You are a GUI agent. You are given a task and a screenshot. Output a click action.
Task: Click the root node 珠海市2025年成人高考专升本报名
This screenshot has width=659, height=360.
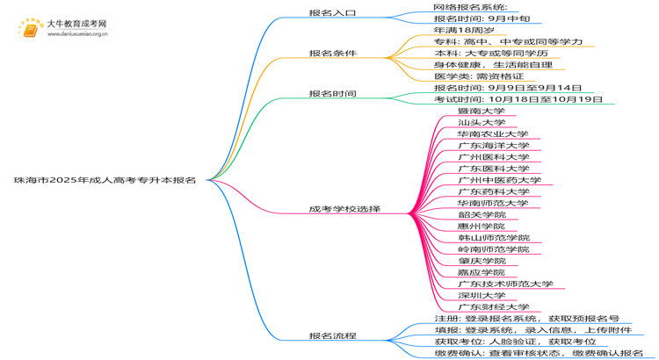point(105,180)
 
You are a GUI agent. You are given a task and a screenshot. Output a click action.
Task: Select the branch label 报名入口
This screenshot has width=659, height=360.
point(332,14)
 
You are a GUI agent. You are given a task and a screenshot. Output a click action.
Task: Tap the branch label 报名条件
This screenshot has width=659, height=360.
point(332,54)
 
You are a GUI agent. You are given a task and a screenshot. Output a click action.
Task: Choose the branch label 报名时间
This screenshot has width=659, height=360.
point(332,93)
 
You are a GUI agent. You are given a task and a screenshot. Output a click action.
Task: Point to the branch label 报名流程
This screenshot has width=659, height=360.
point(332,335)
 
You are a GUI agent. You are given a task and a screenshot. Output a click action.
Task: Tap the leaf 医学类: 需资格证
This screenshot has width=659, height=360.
point(479,76)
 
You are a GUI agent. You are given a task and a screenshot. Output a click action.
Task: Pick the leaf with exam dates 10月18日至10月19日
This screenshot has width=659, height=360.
point(518,99)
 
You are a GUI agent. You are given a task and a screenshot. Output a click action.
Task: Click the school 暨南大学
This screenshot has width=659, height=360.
point(481,111)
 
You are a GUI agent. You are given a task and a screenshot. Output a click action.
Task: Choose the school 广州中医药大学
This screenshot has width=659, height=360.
point(499,180)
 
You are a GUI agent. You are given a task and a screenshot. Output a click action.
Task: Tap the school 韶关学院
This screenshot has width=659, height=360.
point(482,214)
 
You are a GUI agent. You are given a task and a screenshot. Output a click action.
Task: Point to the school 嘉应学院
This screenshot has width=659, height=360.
point(482,272)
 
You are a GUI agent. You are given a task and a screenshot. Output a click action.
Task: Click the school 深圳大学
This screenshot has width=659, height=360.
point(481,295)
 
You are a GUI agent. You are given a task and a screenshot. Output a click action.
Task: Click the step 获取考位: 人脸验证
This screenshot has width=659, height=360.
point(514,342)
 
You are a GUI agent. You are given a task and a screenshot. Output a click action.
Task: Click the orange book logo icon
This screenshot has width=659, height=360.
point(29,30)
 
